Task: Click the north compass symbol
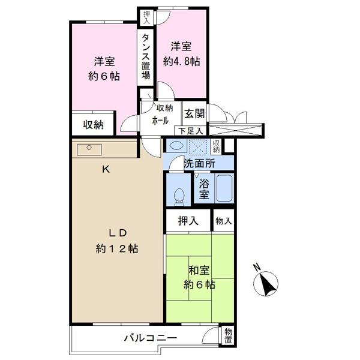pyautogui.click(x=266, y=284)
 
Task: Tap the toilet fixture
pyautogui.click(x=179, y=197)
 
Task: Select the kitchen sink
pyautogui.click(x=89, y=149)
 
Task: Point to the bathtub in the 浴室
pyautogui.click(x=224, y=188)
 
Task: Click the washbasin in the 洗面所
pyautogui.click(x=176, y=145)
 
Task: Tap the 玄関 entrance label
pyautogui.click(x=194, y=113)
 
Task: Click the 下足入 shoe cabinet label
pyautogui.click(x=191, y=131)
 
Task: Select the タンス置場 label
pyautogui.click(x=146, y=56)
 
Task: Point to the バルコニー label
pyautogui.click(x=151, y=338)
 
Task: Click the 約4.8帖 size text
pyautogui.click(x=181, y=62)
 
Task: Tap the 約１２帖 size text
pyautogui.click(x=117, y=249)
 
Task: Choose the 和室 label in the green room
pyautogui.click(x=199, y=270)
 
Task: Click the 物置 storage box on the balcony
pyautogui.click(x=228, y=335)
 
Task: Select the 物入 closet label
pyautogui.click(x=224, y=221)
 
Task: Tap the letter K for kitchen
pyautogui.click(x=106, y=170)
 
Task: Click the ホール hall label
pyautogui.click(x=160, y=121)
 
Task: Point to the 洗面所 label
pyautogui.click(x=200, y=163)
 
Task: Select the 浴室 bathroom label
pyautogui.click(x=204, y=189)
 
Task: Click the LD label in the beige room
pyautogui.click(x=118, y=233)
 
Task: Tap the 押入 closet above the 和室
pyautogui.click(x=188, y=221)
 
